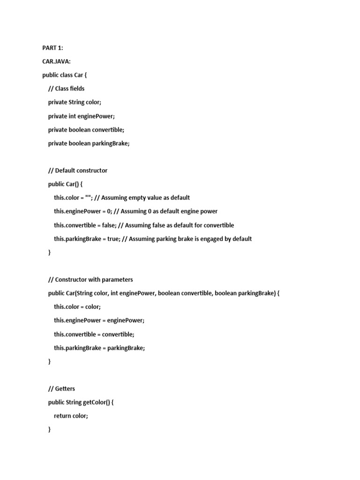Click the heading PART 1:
(52, 48)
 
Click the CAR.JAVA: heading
(57, 61)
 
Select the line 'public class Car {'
(65, 75)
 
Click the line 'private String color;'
(75, 102)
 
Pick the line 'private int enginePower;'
(81, 116)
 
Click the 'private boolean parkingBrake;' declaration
(89, 143)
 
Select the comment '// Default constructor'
(78, 171)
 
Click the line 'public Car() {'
(65, 184)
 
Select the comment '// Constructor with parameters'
(90, 280)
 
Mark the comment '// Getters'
(61, 389)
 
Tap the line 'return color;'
(71, 416)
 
